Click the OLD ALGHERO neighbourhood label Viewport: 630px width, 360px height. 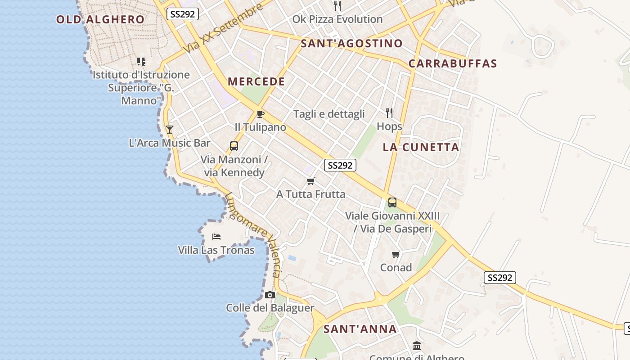click(100, 19)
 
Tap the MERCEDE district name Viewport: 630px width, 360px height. click(256, 81)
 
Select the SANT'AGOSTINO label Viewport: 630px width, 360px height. click(351, 43)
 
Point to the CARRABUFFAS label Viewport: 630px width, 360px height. click(453, 63)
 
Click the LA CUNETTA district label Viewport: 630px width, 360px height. click(421, 147)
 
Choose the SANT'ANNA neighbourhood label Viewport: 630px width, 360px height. click(360, 329)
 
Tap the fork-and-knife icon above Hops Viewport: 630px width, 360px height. click(389, 112)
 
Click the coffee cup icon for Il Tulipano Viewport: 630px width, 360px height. click(260, 113)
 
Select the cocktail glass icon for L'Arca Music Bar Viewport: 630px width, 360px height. click(169, 130)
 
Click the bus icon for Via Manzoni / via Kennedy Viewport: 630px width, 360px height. click(234, 146)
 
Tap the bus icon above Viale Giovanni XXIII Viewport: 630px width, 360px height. click(392, 202)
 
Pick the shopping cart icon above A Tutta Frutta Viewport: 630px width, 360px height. click(310, 181)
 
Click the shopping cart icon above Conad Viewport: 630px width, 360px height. click(396, 254)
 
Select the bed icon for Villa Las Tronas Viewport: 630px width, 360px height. click(216, 236)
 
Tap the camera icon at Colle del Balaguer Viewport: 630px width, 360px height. click(270, 295)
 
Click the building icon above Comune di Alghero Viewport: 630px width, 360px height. click(417, 346)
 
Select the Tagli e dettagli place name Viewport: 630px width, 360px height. click(329, 114)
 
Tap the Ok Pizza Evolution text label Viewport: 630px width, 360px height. click(337, 19)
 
